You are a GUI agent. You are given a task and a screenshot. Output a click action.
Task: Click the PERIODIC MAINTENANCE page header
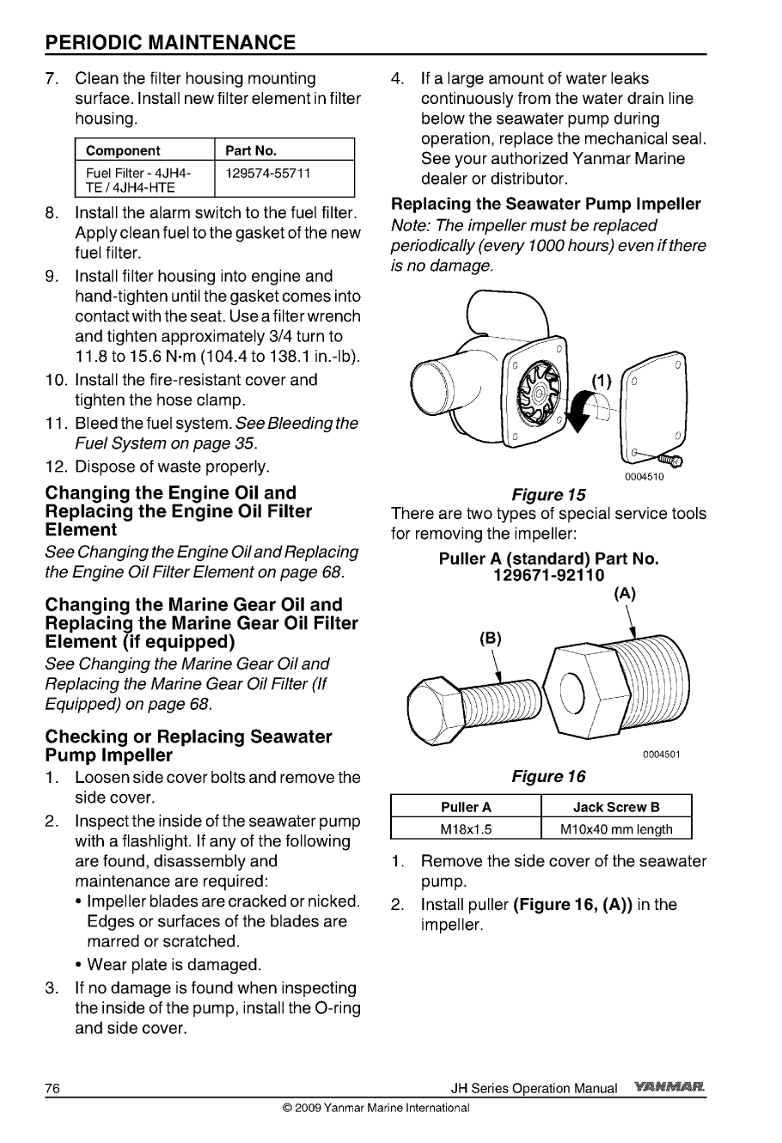click(170, 42)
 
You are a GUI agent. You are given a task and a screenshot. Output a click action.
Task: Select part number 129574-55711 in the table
click(267, 174)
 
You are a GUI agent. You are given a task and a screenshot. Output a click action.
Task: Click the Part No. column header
click(250, 150)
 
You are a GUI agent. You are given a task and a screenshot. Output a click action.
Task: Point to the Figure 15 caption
click(548, 495)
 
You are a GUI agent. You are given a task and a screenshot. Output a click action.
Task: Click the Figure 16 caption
click(548, 777)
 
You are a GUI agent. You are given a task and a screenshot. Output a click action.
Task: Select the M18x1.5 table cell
click(466, 829)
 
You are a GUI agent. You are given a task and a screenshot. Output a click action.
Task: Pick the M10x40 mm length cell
click(616, 829)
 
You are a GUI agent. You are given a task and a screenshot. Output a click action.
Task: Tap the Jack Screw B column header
click(616, 808)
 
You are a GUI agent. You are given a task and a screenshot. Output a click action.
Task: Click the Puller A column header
click(466, 808)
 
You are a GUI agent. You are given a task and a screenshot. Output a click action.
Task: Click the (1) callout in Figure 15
click(602, 381)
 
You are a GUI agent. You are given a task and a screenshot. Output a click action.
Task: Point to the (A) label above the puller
click(626, 592)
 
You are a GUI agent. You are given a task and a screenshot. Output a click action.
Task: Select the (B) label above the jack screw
click(490, 639)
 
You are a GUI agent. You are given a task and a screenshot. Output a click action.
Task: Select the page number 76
click(52, 1088)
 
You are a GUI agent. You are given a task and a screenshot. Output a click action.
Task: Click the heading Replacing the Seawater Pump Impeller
click(546, 205)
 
